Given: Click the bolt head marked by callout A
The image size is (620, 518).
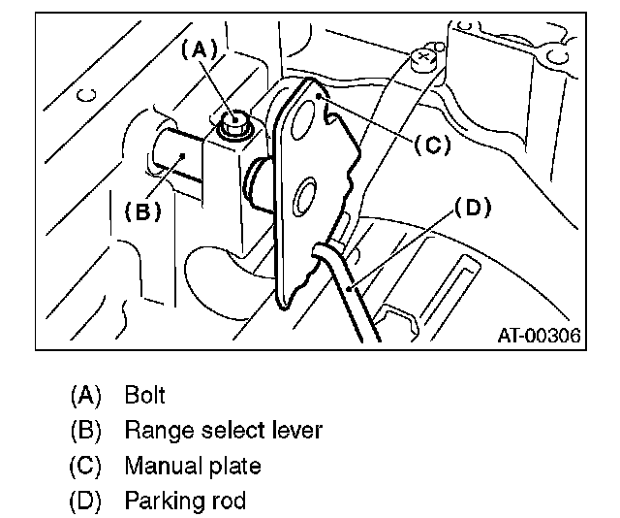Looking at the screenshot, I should pyautogui.click(x=232, y=123).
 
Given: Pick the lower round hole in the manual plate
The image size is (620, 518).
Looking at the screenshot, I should pyautogui.click(x=305, y=199).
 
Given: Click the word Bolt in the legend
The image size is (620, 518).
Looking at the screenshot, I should pyautogui.click(x=145, y=395).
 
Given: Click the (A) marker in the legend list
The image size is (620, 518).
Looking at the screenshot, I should pyautogui.click(x=85, y=395).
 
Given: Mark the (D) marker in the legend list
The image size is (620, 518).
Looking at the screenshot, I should pyautogui.click(x=85, y=501).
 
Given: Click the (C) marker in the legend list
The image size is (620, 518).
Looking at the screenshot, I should pyautogui.click(x=85, y=466).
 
